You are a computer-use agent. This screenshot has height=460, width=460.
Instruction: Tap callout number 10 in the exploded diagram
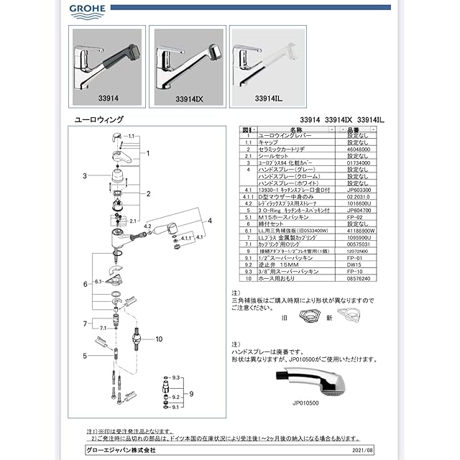159,339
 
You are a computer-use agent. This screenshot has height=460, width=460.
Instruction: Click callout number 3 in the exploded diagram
84,175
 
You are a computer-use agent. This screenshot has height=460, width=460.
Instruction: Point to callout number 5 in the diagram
84,356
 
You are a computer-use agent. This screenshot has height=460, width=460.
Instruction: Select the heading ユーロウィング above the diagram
99,119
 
